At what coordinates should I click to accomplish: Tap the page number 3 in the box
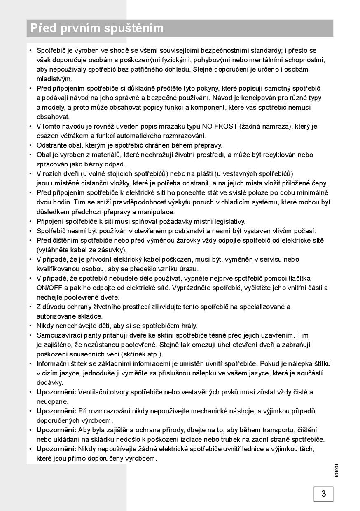pos(323,493)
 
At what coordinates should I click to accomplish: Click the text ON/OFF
pos(48,288)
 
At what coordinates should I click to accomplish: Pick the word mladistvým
pos(54,79)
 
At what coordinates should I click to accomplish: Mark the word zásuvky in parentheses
pos(112,250)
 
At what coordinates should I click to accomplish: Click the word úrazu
pos(189,269)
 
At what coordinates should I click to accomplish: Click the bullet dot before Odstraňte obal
pos(30,145)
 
